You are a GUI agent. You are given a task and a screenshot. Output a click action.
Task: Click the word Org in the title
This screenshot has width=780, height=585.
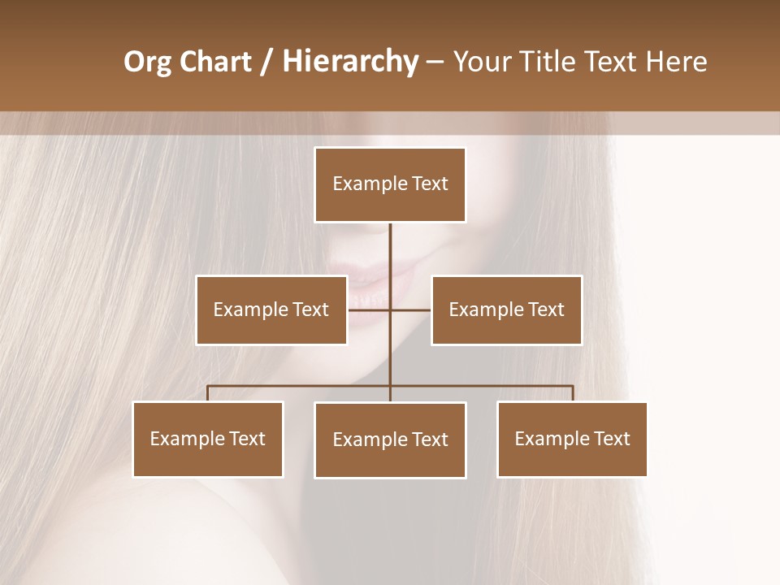click(148, 63)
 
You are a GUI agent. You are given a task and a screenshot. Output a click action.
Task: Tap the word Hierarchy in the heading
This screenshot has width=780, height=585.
click(349, 63)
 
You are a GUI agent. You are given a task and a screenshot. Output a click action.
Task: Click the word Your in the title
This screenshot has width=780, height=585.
click(477, 63)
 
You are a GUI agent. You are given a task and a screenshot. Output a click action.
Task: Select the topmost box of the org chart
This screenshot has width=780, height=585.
click(390, 185)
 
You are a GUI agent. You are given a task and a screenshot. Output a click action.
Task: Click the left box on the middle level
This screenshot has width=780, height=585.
click(271, 310)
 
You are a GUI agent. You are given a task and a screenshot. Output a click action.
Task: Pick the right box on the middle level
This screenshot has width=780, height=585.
click(506, 310)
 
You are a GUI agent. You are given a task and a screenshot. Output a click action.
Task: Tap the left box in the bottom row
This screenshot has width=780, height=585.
click(208, 440)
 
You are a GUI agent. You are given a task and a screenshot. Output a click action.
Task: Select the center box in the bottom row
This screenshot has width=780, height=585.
click(390, 440)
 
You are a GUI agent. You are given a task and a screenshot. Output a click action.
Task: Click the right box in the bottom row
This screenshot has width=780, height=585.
click(572, 440)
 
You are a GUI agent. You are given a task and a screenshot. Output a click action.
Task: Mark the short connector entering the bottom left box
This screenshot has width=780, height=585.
click(208, 393)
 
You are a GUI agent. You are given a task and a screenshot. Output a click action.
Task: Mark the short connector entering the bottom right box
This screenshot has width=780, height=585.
click(572, 393)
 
